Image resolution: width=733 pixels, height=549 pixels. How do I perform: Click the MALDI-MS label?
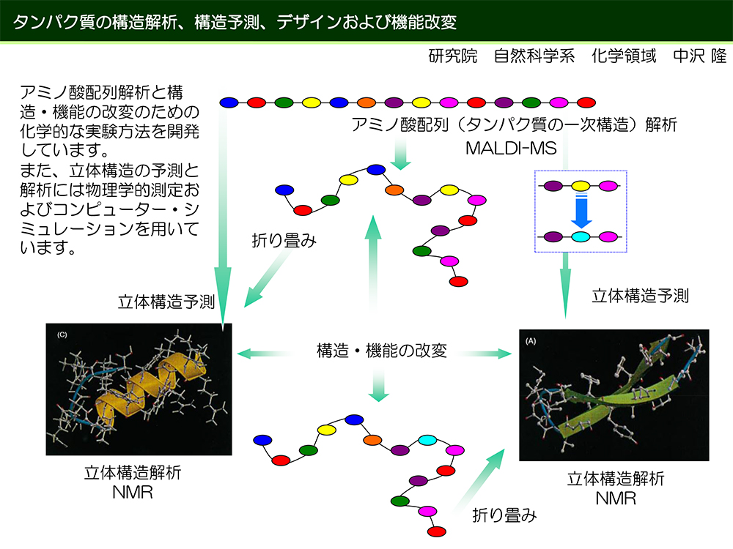(x=511, y=148)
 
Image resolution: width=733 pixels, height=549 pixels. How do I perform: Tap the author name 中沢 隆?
(x=700, y=56)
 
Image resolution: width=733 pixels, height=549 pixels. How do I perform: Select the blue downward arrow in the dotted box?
(x=581, y=211)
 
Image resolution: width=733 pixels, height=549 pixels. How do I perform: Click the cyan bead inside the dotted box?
(x=581, y=236)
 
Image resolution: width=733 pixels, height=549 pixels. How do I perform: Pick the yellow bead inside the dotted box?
(x=581, y=186)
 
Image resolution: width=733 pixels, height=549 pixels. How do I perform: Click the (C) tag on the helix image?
(x=62, y=335)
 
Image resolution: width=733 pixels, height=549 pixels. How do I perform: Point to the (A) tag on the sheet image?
(x=531, y=341)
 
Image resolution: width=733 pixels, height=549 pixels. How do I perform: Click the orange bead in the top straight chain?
(x=366, y=102)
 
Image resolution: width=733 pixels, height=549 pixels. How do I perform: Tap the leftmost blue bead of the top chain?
(x=229, y=102)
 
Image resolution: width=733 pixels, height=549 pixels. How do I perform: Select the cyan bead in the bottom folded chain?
(x=427, y=440)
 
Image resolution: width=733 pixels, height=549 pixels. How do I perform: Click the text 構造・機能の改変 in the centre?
(x=381, y=351)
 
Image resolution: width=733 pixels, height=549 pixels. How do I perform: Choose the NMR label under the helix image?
(x=133, y=493)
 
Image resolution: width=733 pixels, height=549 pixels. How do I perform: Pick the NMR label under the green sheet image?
(x=616, y=498)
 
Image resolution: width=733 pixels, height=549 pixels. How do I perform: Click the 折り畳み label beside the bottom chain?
(x=504, y=515)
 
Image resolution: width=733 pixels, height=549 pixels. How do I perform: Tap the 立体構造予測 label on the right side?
(x=641, y=296)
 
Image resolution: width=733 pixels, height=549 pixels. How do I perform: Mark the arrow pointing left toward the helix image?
(x=264, y=354)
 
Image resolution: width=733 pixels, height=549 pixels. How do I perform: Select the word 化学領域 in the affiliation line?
(x=624, y=56)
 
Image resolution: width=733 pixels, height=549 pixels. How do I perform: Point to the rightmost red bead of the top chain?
(x=586, y=102)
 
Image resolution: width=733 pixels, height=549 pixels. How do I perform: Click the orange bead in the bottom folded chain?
(x=372, y=440)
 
